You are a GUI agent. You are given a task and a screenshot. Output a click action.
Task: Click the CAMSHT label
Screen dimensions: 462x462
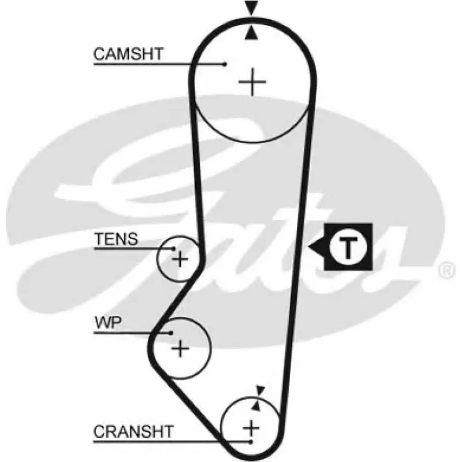[x=128, y=54]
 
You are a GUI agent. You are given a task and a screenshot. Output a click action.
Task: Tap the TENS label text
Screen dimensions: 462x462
[x=116, y=239]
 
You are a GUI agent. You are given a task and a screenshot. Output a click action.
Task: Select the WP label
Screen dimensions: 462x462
[x=108, y=323]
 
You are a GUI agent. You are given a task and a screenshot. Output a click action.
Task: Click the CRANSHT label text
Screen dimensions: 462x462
[x=133, y=431]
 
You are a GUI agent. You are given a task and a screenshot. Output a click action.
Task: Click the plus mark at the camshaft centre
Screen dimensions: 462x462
[x=252, y=82]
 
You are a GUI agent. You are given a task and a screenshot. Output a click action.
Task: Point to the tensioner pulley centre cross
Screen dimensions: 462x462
[x=180, y=259]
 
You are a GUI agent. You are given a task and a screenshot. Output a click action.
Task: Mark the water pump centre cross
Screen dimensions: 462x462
[x=180, y=349]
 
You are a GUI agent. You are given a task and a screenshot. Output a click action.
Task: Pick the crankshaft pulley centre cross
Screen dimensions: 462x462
[x=251, y=428]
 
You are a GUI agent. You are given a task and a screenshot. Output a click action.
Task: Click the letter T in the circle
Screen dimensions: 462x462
[x=348, y=247]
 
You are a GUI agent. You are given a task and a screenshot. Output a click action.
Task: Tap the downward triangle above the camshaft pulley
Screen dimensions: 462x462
[x=251, y=8]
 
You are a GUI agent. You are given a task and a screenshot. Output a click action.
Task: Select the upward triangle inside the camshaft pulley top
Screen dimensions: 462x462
[x=251, y=32]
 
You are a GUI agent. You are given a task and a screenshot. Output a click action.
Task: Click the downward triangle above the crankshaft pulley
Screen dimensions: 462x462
[x=260, y=390]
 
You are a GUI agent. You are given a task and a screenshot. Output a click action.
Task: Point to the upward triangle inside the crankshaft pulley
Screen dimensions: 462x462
[x=256, y=406]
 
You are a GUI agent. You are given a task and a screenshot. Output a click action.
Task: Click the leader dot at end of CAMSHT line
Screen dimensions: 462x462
[x=225, y=64]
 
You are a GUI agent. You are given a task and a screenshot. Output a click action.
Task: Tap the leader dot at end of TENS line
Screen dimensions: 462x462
[x=174, y=249]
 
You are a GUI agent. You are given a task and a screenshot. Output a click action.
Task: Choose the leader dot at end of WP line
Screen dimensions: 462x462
[x=171, y=333]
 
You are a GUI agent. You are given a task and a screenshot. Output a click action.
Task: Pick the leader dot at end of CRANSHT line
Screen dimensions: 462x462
[x=251, y=442]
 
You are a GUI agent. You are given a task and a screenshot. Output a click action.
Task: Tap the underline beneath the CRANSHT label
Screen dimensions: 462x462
[x=172, y=442]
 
